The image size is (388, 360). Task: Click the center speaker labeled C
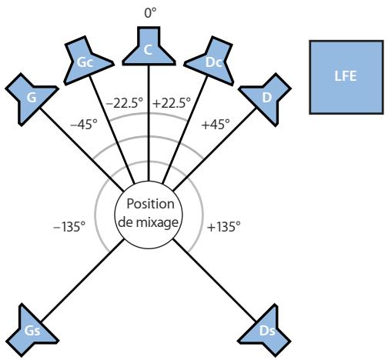pyautogui.click(x=149, y=48)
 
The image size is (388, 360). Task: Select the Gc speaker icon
pyautogui.click(x=86, y=62)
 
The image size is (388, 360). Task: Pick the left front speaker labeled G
pyautogui.click(x=31, y=98)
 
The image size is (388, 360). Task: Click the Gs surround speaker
pyautogui.click(x=32, y=331)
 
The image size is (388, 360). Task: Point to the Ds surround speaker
pyautogui.click(x=266, y=331)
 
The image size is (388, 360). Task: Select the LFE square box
pyautogui.click(x=346, y=77)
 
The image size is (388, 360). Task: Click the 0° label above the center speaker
pyautogui.click(x=150, y=13)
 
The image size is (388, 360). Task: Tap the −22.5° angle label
pyautogui.click(x=124, y=103)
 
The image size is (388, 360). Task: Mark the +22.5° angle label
pyautogui.click(x=172, y=103)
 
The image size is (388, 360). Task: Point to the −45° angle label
pyautogui.click(x=84, y=125)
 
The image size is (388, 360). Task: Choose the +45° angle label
pyautogui.click(x=216, y=125)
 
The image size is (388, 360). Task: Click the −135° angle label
pyautogui.click(x=69, y=227)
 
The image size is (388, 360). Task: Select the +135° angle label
pyautogui.click(x=224, y=227)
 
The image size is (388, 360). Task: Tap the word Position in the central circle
pyautogui.click(x=151, y=204)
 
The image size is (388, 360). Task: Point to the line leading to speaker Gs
pyautogui.click(x=82, y=280)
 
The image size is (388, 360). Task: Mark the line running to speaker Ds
pyautogui.click(x=215, y=280)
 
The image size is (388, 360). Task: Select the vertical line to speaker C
pyautogui.click(x=149, y=123)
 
